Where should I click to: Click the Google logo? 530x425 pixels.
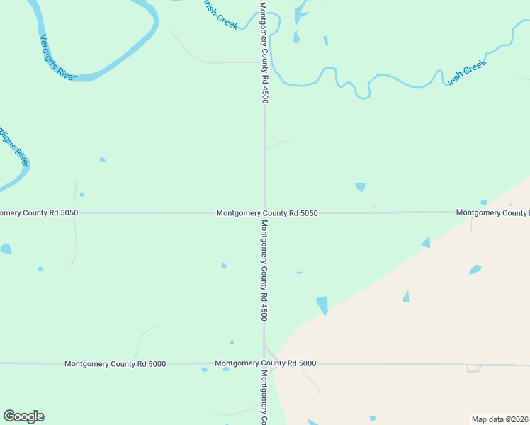tap(23, 416)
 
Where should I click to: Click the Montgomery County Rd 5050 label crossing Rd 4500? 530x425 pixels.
tap(267, 212)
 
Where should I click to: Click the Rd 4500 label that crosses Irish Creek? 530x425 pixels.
tap(264, 53)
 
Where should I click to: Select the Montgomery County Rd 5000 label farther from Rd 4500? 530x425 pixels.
tap(115, 364)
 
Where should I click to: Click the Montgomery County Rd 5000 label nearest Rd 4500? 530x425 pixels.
tap(265, 363)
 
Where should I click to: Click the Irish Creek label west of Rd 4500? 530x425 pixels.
tap(220, 14)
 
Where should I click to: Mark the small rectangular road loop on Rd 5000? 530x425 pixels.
tap(473, 368)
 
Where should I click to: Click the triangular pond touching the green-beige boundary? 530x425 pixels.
tap(426, 242)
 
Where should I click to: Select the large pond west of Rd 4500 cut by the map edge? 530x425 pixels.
tap(5, 249)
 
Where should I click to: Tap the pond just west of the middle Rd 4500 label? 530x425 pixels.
tap(224, 266)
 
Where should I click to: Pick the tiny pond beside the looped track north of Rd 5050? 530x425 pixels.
tap(81, 195)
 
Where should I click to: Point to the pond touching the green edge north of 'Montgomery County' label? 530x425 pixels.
tap(483, 203)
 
